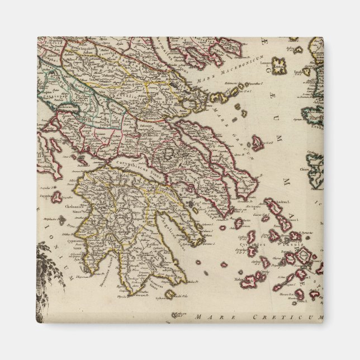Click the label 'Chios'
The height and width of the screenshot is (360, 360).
311,167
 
